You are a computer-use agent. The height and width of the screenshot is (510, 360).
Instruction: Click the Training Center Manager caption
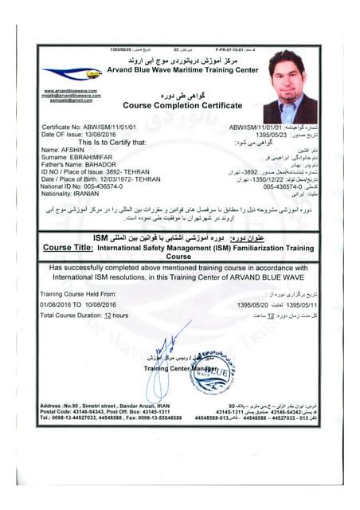pyautogui.click(x=180, y=369)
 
